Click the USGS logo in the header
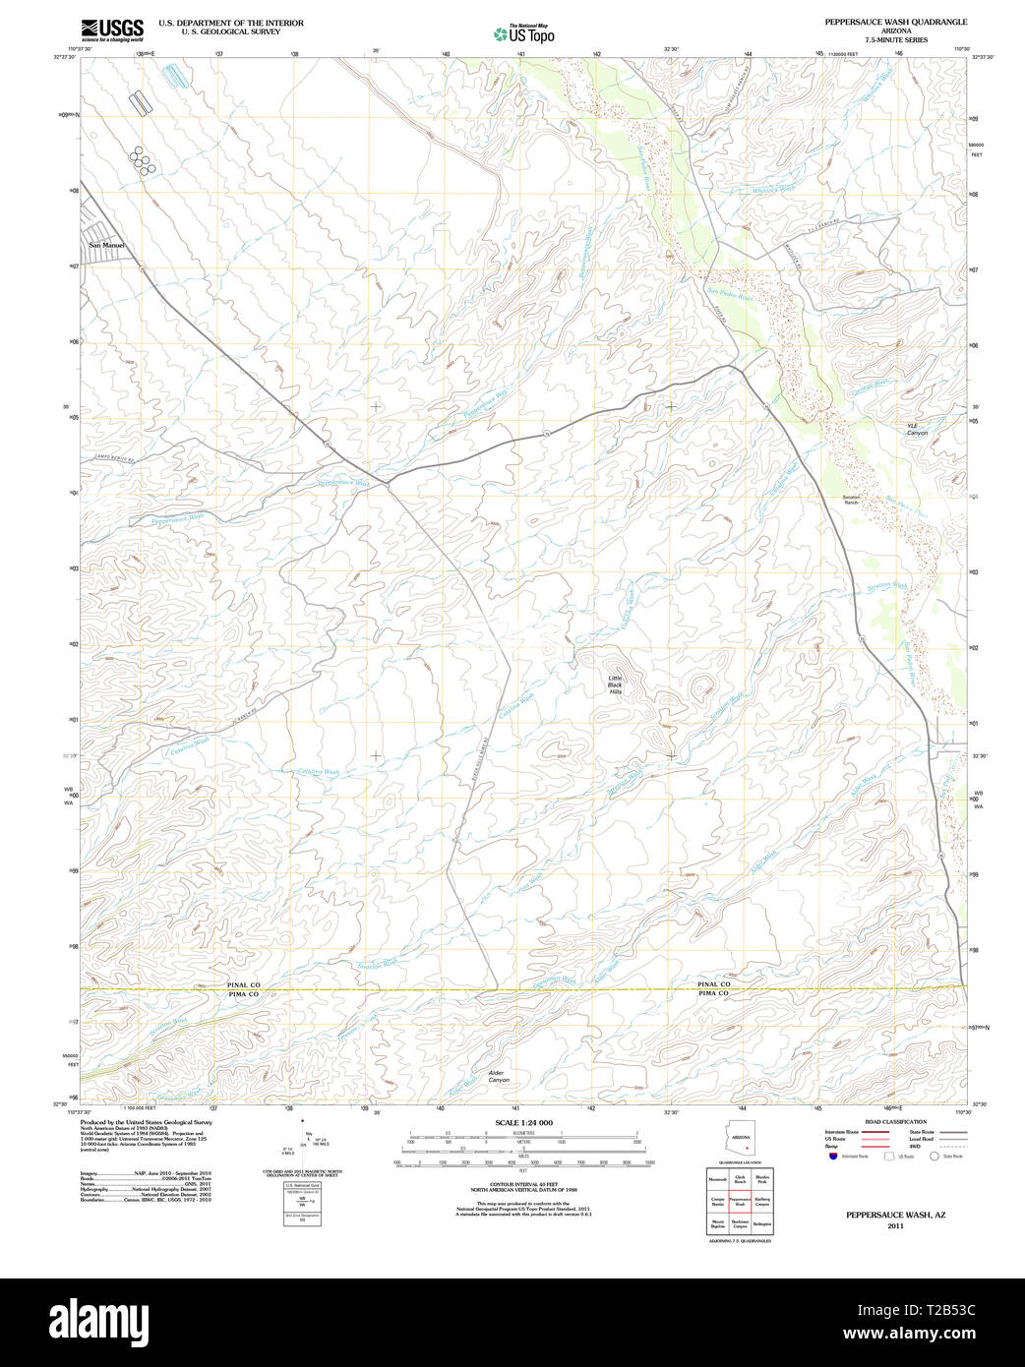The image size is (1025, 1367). click(x=112, y=30)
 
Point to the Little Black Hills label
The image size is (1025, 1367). click(x=615, y=685)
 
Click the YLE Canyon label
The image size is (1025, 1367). click(x=916, y=429)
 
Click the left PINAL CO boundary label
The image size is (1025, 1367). click(x=242, y=984)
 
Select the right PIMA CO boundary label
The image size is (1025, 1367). click(x=714, y=994)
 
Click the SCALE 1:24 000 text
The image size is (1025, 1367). click(x=523, y=1123)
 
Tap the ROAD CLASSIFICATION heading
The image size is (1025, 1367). click(x=895, y=1122)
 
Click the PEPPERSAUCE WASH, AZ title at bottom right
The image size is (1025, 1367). click(x=895, y=1216)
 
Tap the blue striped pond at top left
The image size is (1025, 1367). click(x=175, y=74)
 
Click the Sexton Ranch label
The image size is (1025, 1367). click(x=851, y=500)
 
